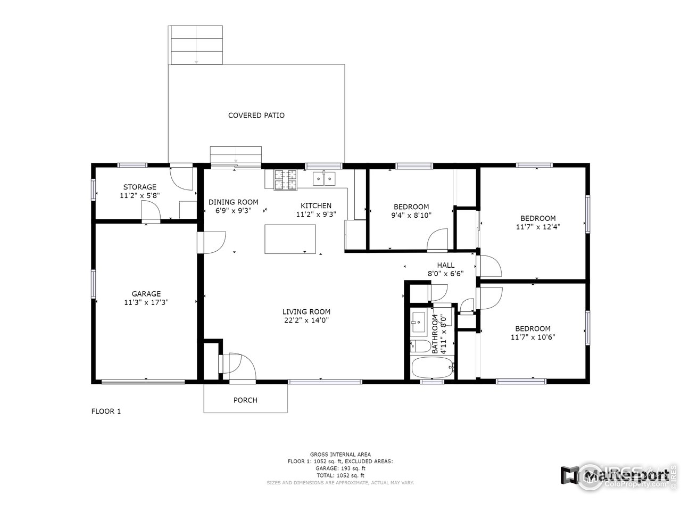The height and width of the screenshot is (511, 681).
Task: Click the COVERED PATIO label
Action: coord(256,115)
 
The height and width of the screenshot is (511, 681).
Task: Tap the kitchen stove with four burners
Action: coord(285,179)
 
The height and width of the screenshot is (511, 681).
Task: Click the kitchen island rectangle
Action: coord(290,239)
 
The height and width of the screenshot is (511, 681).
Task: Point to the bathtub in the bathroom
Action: coord(432,368)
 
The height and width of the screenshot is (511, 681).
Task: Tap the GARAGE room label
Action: coord(146,294)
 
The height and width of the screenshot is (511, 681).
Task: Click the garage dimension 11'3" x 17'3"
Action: coord(146,302)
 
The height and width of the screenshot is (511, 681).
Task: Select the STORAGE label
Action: coord(140,187)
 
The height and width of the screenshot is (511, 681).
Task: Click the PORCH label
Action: coord(245,400)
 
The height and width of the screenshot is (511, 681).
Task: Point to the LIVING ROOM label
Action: coord(306,312)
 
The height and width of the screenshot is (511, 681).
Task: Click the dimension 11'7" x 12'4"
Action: coord(538,226)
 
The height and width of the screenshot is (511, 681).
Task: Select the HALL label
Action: coord(446,265)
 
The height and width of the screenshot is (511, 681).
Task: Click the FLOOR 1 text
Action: coord(106,411)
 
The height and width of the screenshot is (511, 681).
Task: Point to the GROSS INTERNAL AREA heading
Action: coord(340,455)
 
